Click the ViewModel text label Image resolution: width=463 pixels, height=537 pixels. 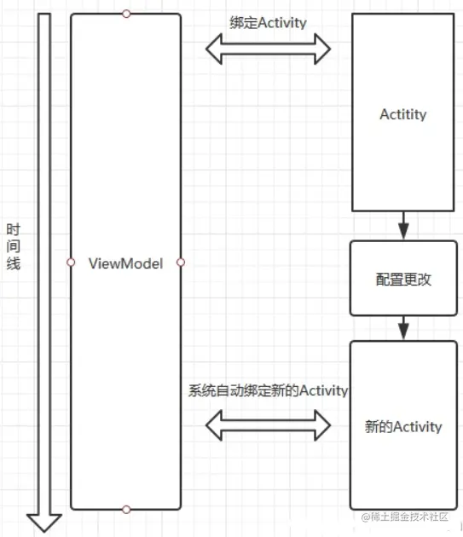[x=124, y=263]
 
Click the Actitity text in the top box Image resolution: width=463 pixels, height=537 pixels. [x=402, y=114]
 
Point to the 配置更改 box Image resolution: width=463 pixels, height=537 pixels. [x=403, y=279]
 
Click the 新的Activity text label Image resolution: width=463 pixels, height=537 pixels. [x=403, y=426]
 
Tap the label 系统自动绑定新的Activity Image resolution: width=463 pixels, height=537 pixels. [x=268, y=390]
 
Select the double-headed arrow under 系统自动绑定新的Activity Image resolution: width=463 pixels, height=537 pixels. [x=268, y=424]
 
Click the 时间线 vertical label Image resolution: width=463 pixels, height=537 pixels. [x=14, y=246]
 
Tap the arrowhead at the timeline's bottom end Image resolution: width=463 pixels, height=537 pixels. [x=43, y=522]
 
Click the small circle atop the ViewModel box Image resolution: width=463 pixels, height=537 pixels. [x=126, y=14]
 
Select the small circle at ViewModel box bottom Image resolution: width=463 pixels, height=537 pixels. [x=126, y=510]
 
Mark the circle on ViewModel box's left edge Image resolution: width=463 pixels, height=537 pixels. [x=71, y=262]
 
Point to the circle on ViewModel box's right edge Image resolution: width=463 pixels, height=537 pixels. [x=181, y=262]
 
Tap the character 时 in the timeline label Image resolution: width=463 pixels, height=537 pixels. [x=14, y=229]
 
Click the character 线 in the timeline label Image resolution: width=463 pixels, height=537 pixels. [x=14, y=263]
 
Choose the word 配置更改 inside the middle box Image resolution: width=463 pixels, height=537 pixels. [x=403, y=279]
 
